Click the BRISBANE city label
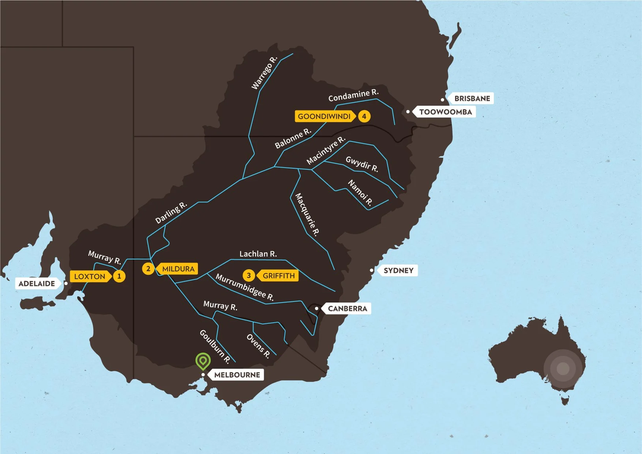(472, 98)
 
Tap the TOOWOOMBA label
(445, 112)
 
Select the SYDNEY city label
(398, 271)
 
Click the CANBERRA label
(347, 308)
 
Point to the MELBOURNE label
(237, 375)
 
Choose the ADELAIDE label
(37, 284)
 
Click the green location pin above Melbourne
(203, 361)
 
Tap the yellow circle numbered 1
(119, 276)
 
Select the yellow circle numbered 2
(148, 269)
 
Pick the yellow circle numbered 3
(249, 275)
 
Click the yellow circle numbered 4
(364, 116)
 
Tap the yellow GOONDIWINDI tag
(324, 116)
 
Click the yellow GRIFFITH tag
(278, 275)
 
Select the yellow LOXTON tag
(90, 276)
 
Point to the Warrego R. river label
(264, 73)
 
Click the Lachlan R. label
(258, 254)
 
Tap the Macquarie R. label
(307, 215)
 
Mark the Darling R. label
(171, 213)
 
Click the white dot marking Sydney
(372, 270)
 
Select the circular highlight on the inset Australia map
(563, 368)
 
